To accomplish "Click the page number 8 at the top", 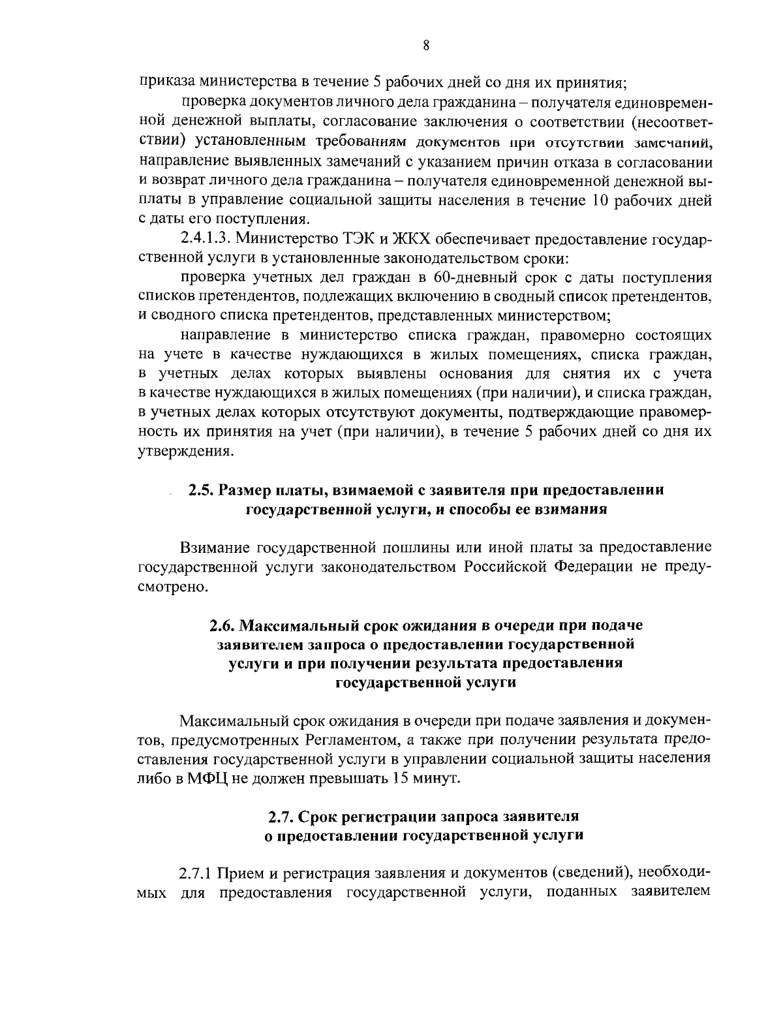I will (x=425, y=45).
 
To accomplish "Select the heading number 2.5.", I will (x=201, y=490).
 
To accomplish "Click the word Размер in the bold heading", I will (x=245, y=490).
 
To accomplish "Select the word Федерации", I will (x=593, y=566).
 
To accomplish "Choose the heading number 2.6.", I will (x=222, y=625).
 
